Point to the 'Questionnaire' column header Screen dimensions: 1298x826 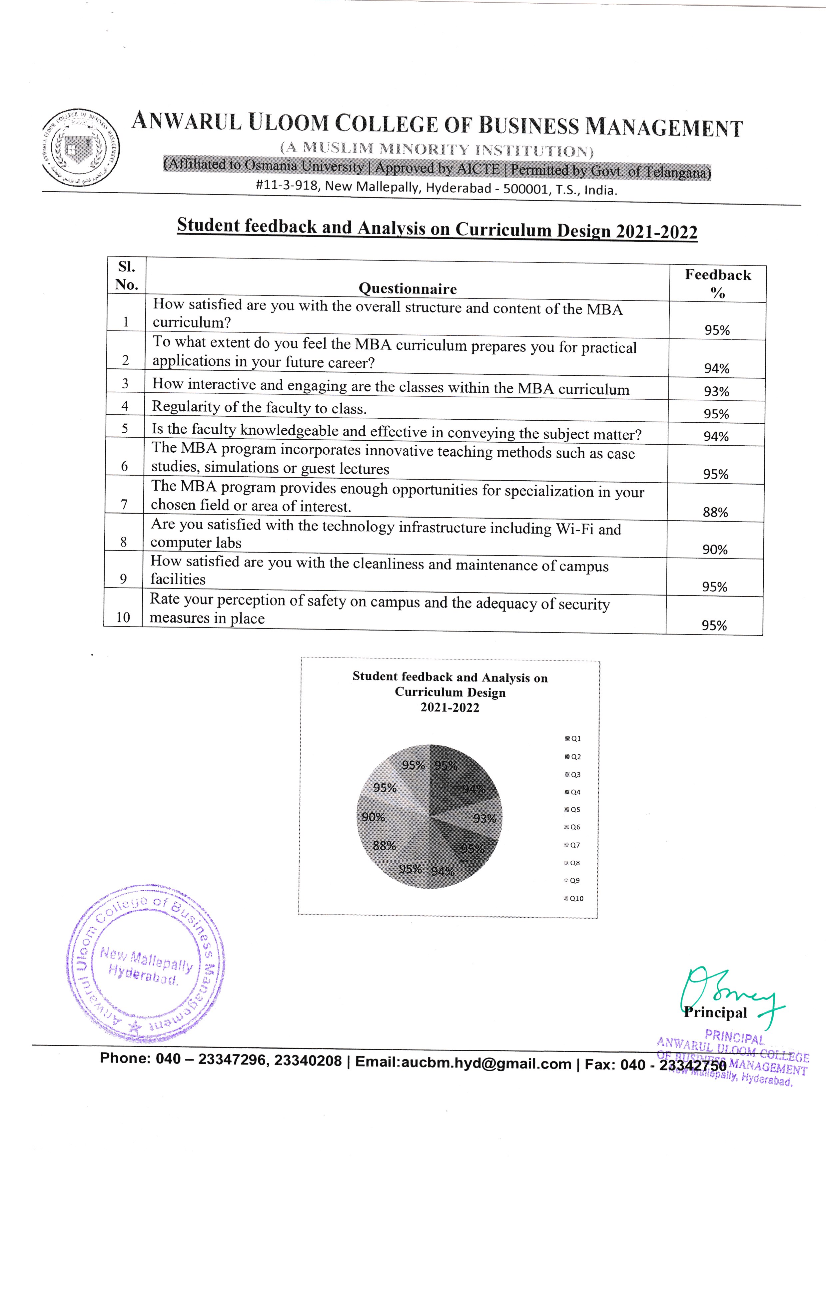pyautogui.click(x=408, y=289)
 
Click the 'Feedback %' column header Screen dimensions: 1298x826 pyautogui.click(x=718, y=283)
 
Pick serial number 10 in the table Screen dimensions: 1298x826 pyautogui.click(x=124, y=617)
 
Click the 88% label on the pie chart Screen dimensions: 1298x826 pyautogui.click(x=385, y=846)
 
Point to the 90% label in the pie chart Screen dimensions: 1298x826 pyautogui.click(x=373, y=817)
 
